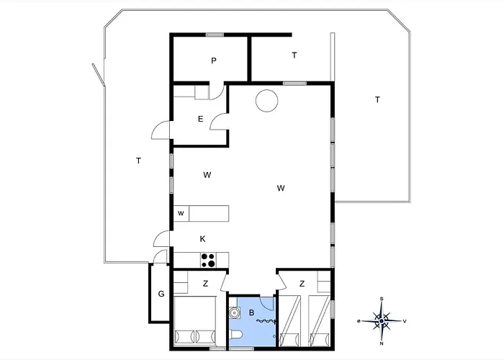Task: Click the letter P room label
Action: (x=214, y=60)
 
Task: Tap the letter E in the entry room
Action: (x=201, y=120)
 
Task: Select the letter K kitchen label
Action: (x=202, y=239)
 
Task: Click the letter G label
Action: (x=161, y=294)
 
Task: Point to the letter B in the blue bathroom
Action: (x=252, y=312)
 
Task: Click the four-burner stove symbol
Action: (x=208, y=261)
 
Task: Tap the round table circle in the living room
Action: (x=267, y=101)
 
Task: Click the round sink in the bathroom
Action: (x=234, y=312)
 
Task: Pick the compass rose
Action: (x=382, y=321)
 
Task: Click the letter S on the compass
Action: (x=382, y=299)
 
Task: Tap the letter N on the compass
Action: (x=382, y=343)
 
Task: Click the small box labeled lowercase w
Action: (x=181, y=213)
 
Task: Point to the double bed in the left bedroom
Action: (x=195, y=321)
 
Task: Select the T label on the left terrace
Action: (x=138, y=161)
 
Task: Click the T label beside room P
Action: (x=294, y=55)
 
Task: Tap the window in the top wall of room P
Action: (x=215, y=35)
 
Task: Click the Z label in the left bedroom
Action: (x=205, y=284)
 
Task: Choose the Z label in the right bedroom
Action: (x=302, y=284)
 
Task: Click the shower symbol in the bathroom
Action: (x=266, y=321)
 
